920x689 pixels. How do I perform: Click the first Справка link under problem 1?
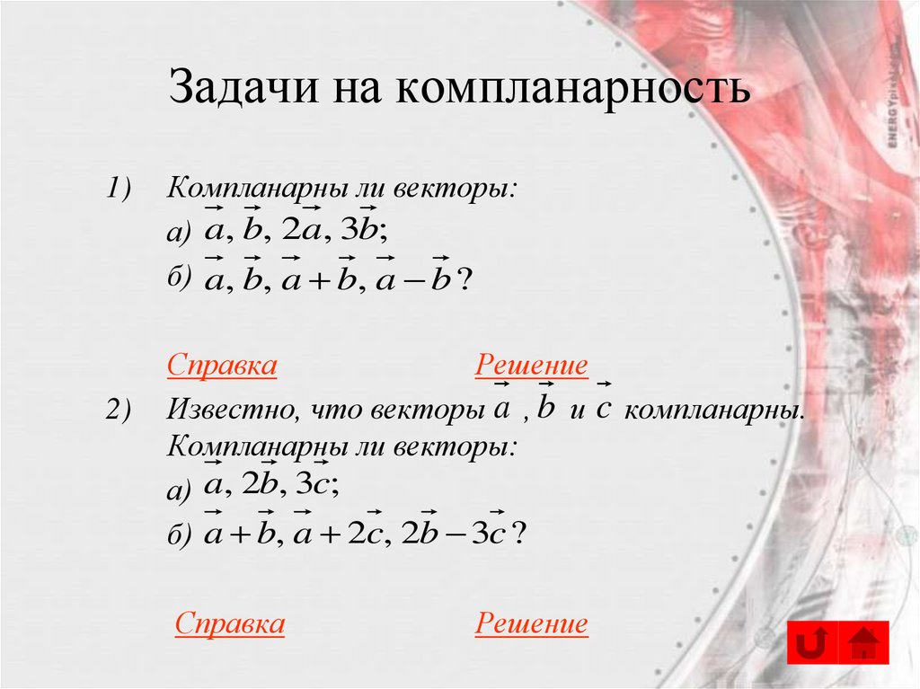(221, 366)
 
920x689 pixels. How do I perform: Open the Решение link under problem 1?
(532, 366)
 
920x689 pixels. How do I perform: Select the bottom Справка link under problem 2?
(230, 623)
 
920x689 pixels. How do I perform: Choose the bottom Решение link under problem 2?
(532, 623)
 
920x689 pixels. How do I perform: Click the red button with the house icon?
(863, 642)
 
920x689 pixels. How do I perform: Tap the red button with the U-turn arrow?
(813, 642)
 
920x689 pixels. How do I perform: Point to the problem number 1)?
(117, 190)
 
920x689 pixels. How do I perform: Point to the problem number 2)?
(117, 411)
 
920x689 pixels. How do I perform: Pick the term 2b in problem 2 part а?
(261, 486)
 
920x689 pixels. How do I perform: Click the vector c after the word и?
(604, 409)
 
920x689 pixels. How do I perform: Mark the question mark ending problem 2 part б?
(519, 535)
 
